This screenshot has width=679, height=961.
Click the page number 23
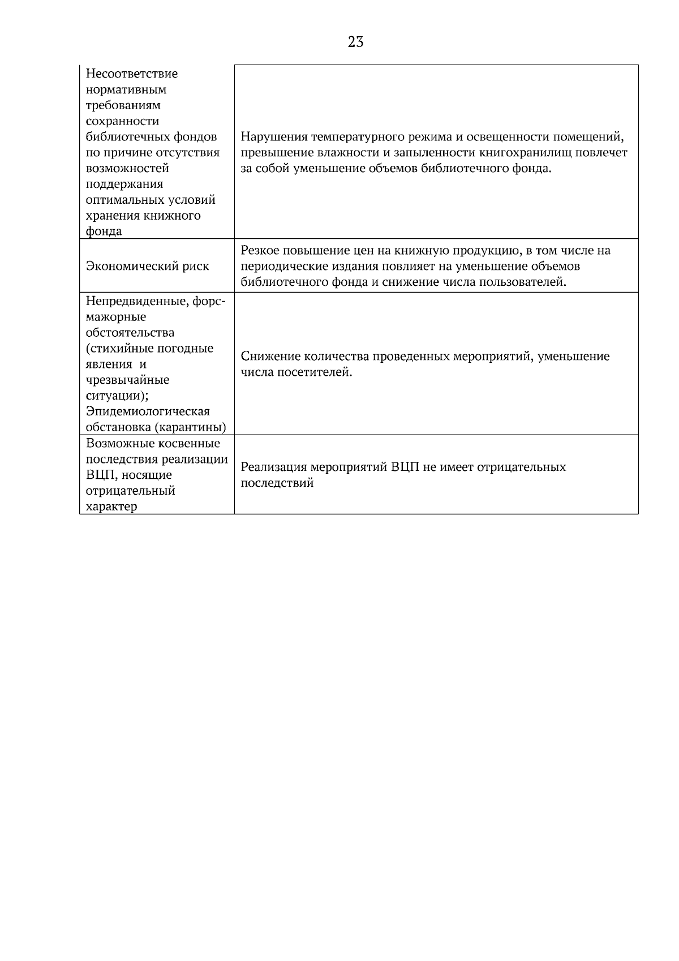(x=355, y=42)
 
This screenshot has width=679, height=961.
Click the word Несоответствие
(x=132, y=74)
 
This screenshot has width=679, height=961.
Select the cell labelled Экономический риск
(x=147, y=266)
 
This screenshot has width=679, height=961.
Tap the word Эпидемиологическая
(x=148, y=411)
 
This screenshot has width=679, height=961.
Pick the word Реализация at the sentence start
(x=273, y=467)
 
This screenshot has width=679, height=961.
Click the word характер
(x=111, y=507)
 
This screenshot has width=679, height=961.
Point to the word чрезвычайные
(x=127, y=380)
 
